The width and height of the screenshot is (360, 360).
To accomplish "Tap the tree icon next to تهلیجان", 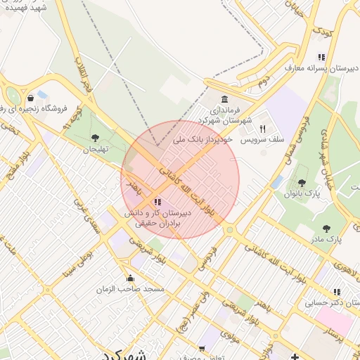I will pos(95,138).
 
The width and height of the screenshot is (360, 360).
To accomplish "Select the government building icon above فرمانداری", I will pos(224,98).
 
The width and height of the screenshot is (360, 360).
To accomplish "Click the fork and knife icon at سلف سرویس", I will pos(262,129).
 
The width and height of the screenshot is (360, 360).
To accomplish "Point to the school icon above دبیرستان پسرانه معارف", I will pos(321,57).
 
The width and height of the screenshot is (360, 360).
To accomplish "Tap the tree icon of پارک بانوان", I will pos(302,183).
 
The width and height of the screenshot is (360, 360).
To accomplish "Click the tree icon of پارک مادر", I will pos(326,228).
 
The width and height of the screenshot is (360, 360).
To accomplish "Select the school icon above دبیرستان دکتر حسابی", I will pos(337,292).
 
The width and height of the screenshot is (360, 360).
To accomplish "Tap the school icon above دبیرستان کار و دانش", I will pos(157,202).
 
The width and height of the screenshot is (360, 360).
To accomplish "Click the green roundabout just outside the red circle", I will pos(229,229).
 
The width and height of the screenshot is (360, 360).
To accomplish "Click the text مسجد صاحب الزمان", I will pos(131,289).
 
